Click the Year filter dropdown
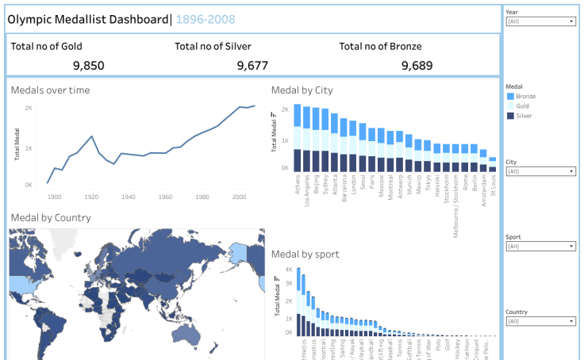[540, 21]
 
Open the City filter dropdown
[540, 171]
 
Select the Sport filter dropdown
[540, 247]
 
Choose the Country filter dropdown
[540, 321]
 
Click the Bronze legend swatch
[510, 96]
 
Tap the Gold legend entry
[522, 106]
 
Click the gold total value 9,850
[88, 66]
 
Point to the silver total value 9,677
[252, 66]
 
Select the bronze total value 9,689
[417, 66]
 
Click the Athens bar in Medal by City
[298, 139]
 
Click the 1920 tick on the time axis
[91, 197]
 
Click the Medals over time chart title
[50, 90]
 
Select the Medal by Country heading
[51, 218]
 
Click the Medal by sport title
[305, 255]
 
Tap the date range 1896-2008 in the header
[205, 19]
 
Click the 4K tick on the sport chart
[288, 270]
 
